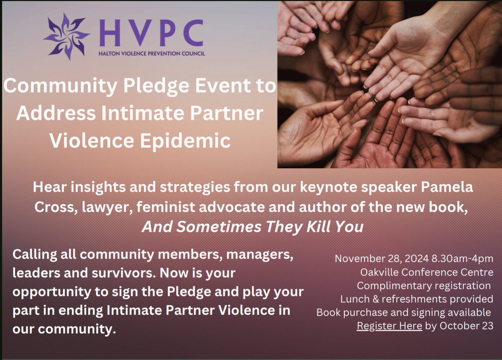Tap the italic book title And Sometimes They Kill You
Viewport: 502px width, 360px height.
point(252,226)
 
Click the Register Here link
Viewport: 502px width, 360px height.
point(389,326)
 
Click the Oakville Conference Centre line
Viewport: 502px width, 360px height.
point(427,272)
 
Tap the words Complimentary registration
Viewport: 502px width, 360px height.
point(423,286)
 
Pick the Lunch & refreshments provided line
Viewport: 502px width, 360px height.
point(417,299)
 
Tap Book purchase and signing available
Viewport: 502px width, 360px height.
point(404,312)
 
